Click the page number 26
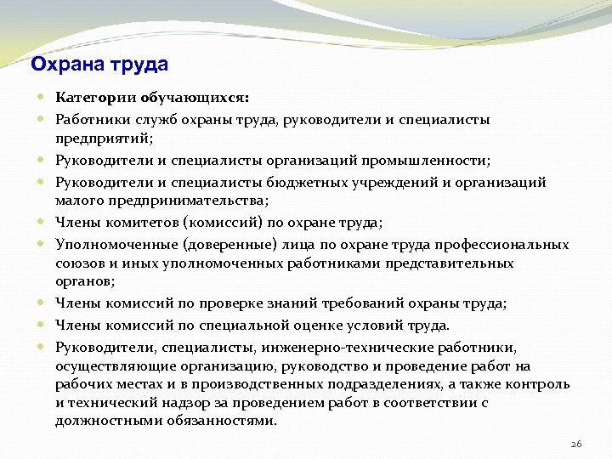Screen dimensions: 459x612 click(x=575, y=444)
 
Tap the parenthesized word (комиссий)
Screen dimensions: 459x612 click(x=218, y=223)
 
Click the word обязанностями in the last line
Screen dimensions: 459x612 click(x=227, y=422)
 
